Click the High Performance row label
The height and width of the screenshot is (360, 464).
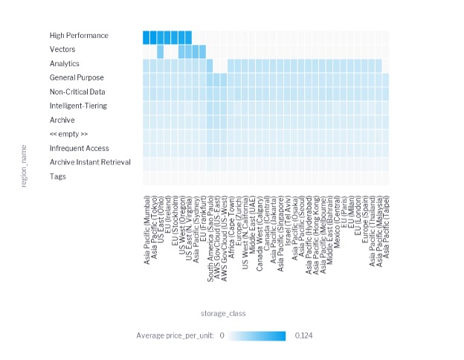tap(79, 36)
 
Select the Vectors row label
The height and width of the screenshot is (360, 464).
tap(63, 50)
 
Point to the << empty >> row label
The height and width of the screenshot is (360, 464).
tap(69, 134)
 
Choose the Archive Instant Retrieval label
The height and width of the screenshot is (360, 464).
tap(90, 162)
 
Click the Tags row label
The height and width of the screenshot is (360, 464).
tap(58, 176)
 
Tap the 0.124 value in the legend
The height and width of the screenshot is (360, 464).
tap(304, 336)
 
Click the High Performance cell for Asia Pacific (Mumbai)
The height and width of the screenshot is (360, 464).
tap(146, 36)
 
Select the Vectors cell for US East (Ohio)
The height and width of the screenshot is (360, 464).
tap(160, 50)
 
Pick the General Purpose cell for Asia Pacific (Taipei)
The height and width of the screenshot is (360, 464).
tap(386, 78)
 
